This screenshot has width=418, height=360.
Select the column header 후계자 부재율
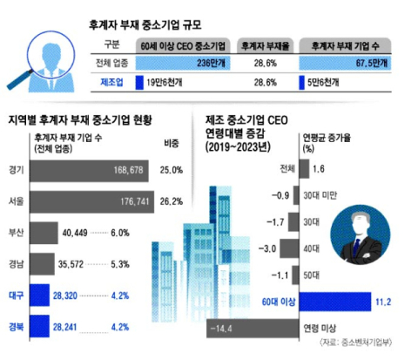pos(264,45)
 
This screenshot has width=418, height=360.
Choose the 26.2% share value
pos(171,200)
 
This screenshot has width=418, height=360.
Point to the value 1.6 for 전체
pos(318,168)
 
